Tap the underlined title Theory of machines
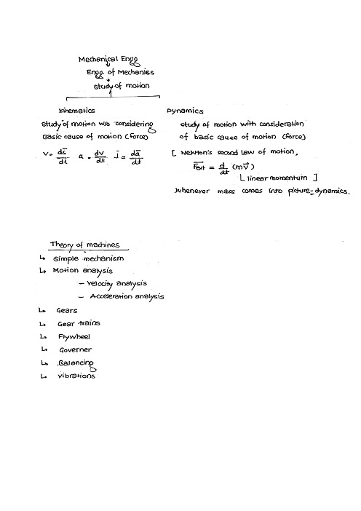[84, 245]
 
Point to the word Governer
[76, 349]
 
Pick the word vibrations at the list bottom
[76, 376]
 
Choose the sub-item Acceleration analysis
[126, 296]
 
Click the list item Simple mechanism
[88, 258]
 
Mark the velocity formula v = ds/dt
[55, 155]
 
